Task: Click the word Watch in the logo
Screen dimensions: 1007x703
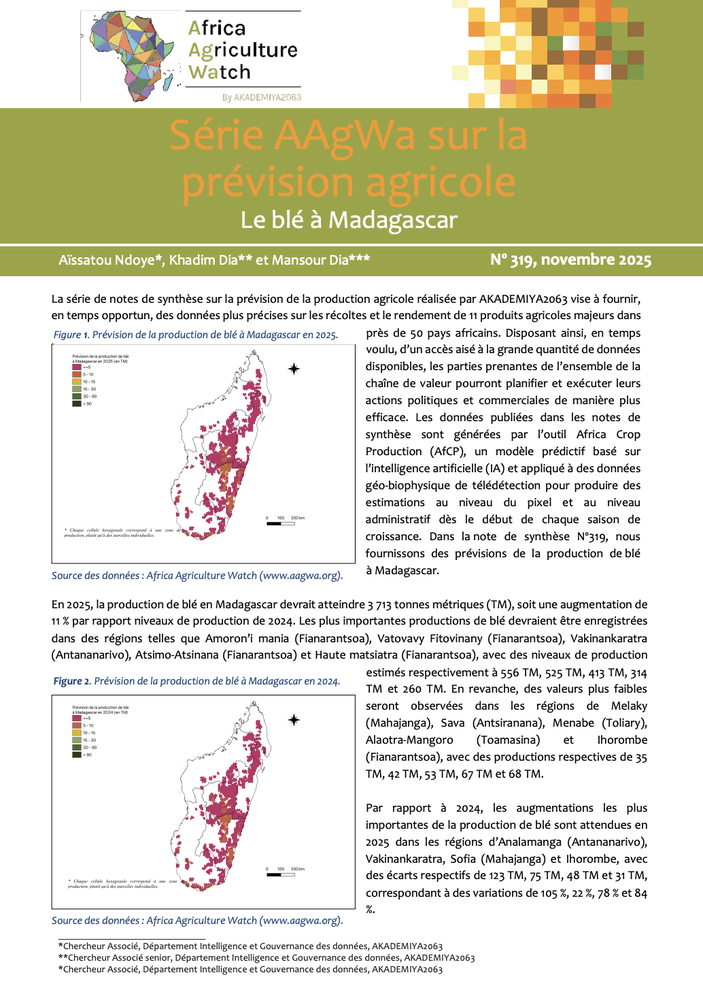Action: [220, 72]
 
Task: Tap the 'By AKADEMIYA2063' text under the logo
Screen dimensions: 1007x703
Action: [262, 97]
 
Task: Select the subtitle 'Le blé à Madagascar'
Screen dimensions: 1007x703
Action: [349, 220]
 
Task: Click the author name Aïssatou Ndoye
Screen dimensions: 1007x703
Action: [111, 260]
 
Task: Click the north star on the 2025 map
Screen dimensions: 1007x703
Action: [294, 369]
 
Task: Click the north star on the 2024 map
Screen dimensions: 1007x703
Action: [294, 720]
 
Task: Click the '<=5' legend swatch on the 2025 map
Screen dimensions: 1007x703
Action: [77, 367]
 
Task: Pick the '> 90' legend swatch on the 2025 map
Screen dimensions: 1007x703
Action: [77, 403]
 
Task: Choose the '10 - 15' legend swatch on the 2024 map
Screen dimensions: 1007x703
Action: [77, 733]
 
